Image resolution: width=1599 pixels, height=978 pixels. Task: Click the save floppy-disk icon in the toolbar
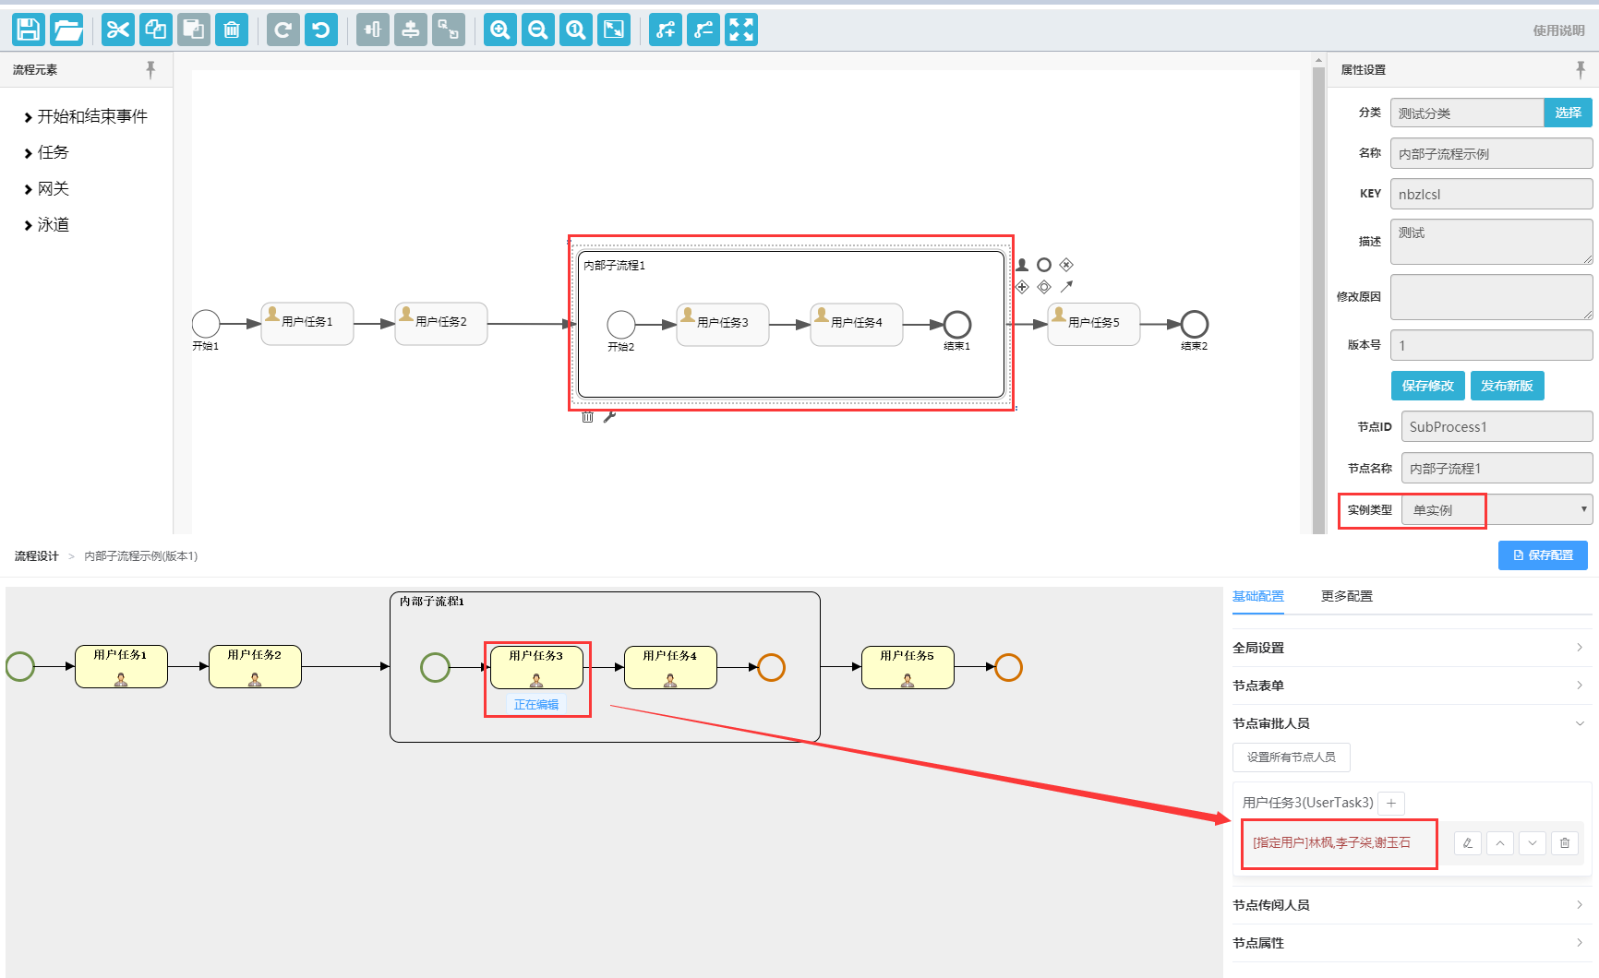click(x=29, y=30)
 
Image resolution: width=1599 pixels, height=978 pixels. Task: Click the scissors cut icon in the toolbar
click(x=117, y=30)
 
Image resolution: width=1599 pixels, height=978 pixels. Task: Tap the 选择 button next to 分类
click(x=1568, y=113)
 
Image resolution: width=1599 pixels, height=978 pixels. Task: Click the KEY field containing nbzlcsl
click(x=1490, y=194)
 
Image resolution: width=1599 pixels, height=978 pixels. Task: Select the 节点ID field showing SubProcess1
click(x=1496, y=427)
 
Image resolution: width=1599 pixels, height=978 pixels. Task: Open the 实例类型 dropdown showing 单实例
click(x=1496, y=509)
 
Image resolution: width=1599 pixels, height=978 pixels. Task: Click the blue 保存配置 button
click(x=1542, y=555)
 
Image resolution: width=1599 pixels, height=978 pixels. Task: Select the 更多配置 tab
click(x=1346, y=596)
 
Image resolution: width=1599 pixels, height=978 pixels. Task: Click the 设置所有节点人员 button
click(x=1291, y=757)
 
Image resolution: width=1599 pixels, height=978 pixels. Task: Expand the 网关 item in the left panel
click(x=53, y=189)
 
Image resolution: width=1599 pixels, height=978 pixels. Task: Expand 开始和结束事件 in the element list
click(x=91, y=116)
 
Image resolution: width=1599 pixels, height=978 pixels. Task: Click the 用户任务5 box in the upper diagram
click(x=1093, y=324)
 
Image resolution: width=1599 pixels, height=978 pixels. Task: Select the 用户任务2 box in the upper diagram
click(x=440, y=324)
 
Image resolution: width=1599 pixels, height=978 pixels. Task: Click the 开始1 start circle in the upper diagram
click(x=206, y=324)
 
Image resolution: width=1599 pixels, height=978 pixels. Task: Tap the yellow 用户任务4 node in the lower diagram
click(x=670, y=667)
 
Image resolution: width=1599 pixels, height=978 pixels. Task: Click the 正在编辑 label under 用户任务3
click(x=535, y=705)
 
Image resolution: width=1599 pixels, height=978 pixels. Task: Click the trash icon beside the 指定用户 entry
click(x=1564, y=842)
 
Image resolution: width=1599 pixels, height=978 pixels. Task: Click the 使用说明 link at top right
click(x=1558, y=30)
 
